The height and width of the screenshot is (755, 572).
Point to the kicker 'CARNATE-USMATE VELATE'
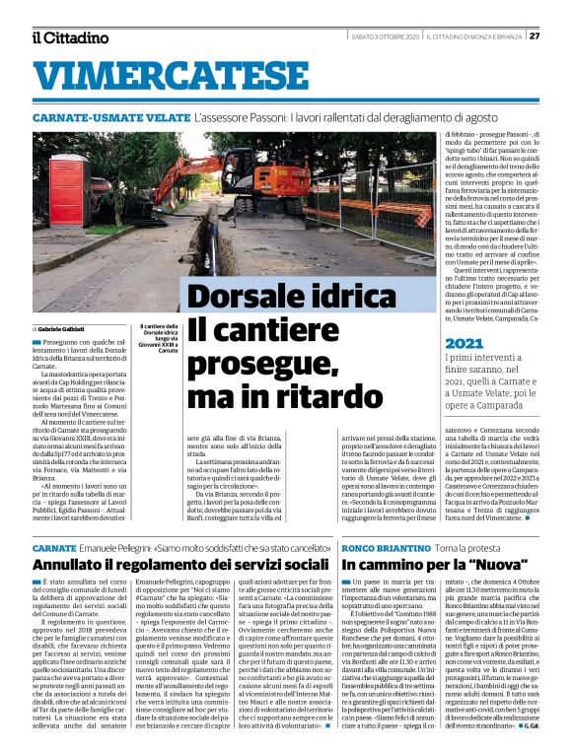point(109,117)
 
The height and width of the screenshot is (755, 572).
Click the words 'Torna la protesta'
point(467,546)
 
